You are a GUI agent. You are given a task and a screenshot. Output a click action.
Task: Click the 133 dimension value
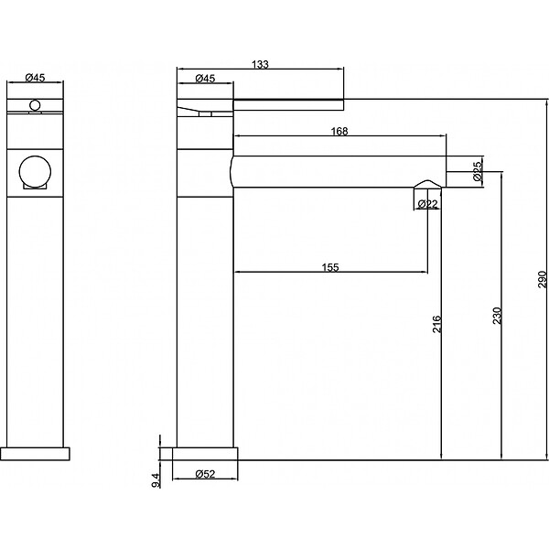tap(260, 64)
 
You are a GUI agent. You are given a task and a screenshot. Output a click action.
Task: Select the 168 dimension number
tap(339, 131)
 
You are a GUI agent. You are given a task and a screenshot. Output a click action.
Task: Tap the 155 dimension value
tap(330, 267)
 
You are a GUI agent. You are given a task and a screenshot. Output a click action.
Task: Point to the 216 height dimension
tap(437, 324)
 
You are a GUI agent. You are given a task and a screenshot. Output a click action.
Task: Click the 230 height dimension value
tap(497, 316)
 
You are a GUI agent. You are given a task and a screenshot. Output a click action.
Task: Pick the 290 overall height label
tap(542, 279)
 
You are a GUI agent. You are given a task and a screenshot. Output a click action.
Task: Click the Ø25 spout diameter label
tap(478, 172)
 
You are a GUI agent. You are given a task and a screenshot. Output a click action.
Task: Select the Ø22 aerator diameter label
tap(428, 204)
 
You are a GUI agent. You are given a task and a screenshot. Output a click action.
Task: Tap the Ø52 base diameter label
tap(205, 474)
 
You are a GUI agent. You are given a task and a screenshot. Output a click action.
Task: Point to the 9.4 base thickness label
tap(156, 480)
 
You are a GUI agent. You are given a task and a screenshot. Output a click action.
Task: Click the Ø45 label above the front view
tap(36, 78)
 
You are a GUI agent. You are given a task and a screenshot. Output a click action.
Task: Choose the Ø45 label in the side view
tap(205, 78)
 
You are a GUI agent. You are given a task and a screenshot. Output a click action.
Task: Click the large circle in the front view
tap(35, 172)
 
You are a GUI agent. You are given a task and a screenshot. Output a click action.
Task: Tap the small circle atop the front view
tap(35, 105)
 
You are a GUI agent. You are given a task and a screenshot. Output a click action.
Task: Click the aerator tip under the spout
tap(427, 184)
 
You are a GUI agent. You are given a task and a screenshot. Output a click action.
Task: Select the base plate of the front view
tap(35, 454)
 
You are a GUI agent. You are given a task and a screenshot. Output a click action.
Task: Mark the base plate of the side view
tap(205, 454)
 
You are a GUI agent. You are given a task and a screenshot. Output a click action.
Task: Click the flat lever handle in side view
tap(288, 104)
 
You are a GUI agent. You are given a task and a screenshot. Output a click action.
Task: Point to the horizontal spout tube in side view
tap(339, 172)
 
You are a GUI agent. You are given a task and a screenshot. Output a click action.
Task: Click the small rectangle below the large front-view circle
tap(35, 187)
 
